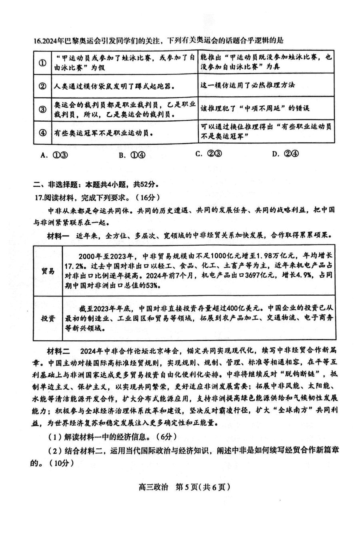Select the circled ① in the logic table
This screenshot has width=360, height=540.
pos(42,63)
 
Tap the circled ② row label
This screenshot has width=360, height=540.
pos(42,86)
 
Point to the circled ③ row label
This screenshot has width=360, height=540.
pos(42,110)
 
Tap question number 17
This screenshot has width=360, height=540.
pos(40,197)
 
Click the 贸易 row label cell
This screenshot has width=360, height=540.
pos(48,271)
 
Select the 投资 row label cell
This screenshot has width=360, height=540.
pos(48,318)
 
